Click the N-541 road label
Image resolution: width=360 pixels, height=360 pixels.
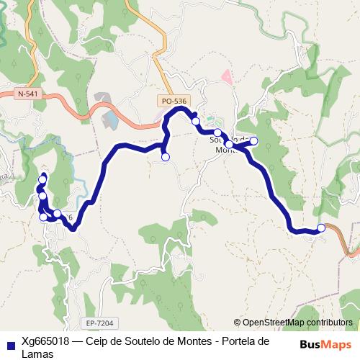[29, 94]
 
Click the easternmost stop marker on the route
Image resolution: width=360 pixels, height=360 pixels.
[321, 228]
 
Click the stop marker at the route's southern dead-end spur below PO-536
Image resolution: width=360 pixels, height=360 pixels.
[165, 157]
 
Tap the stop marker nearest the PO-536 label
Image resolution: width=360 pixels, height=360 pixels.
[196, 121]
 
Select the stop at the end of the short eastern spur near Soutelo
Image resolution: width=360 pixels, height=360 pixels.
[253, 141]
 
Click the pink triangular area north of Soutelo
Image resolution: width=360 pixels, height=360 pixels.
[227, 76]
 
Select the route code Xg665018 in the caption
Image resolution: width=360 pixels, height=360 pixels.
[45, 341]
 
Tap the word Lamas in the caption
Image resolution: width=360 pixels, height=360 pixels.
[37, 353]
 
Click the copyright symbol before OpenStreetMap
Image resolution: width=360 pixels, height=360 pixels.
[237, 323]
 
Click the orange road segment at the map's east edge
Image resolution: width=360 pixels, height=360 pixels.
[351, 248]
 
